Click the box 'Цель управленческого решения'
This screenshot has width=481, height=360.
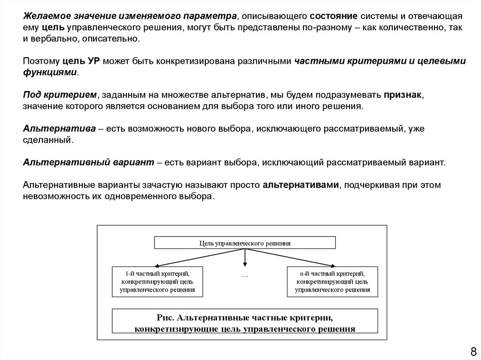point(245,243)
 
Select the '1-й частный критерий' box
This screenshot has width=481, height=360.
point(157,281)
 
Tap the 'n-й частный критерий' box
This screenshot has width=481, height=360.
point(332,281)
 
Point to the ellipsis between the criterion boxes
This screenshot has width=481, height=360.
point(245,276)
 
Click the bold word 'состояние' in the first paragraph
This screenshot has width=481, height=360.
point(329,17)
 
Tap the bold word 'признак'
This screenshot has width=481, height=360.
point(402,95)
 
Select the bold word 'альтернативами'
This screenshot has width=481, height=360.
point(301,185)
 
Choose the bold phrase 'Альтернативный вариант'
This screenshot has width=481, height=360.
point(89,162)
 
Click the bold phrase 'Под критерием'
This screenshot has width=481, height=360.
point(60,95)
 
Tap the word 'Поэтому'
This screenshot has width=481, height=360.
point(41,61)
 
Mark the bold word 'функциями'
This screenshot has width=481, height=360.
point(50,73)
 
